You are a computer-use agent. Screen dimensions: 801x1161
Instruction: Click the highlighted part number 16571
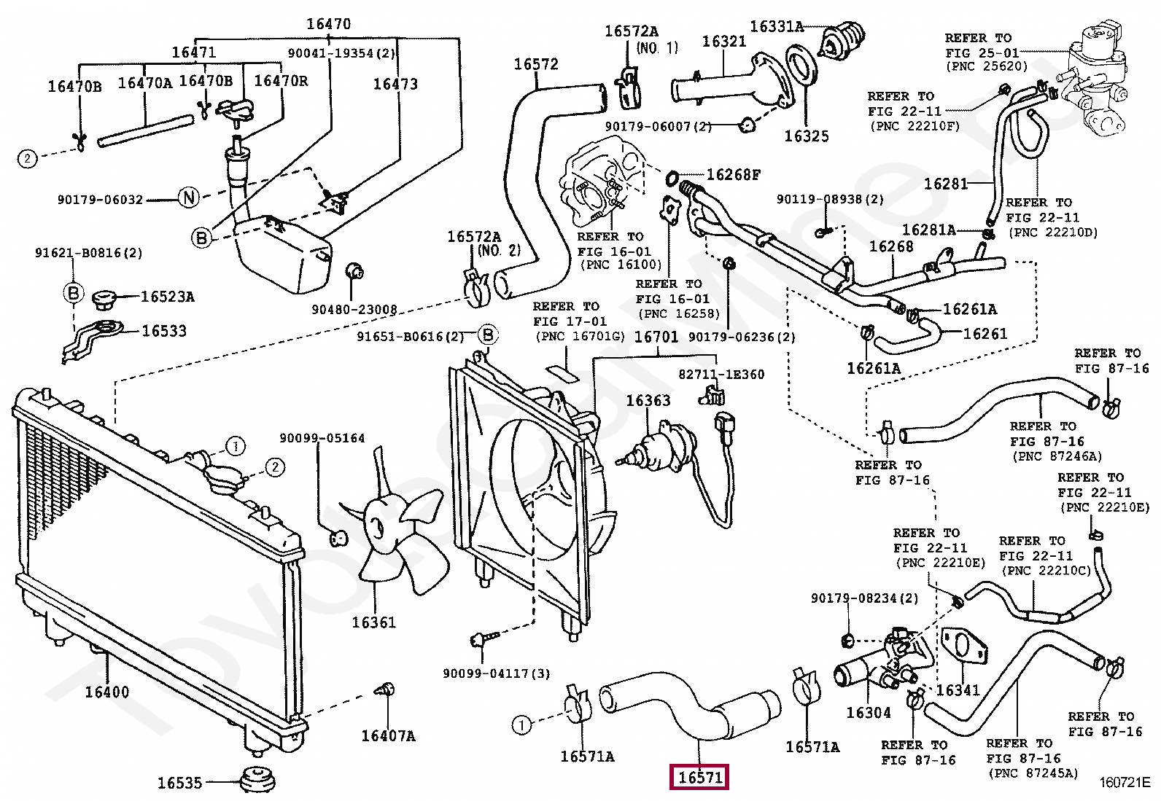(699, 778)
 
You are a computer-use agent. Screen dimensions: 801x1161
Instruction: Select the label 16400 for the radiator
(106, 692)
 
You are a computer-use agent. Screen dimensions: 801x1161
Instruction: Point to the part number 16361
(373, 622)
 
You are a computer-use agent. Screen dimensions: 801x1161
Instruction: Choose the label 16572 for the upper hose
(535, 64)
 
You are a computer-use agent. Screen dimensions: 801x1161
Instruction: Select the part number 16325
(806, 136)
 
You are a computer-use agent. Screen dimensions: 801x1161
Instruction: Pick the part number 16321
(723, 41)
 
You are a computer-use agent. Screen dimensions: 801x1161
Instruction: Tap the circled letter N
(188, 198)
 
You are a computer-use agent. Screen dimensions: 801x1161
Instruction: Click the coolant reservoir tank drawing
(281, 255)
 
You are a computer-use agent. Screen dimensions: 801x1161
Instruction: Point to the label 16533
(164, 331)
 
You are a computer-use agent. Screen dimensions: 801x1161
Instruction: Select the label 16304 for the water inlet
(868, 712)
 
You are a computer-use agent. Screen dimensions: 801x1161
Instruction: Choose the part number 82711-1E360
(721, 374)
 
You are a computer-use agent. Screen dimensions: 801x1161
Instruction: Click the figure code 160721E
(1124, 784)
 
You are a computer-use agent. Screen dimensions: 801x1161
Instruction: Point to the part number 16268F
(733, 175)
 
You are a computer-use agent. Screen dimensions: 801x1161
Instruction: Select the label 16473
(395, 84)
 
